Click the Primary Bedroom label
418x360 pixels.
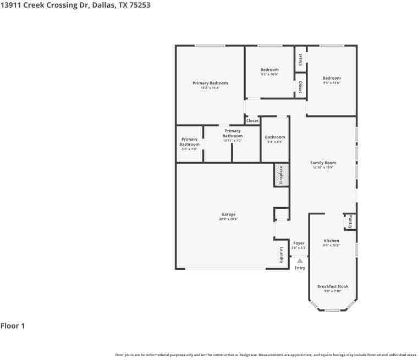click(x=210, y=83)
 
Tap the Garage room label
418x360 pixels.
click(x=228, y=214)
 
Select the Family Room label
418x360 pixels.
click(x=323, y=163)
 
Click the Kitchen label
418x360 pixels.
click(x=331, y=241)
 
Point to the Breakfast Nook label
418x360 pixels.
click(x=332, y=286)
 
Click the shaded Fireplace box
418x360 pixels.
click(x=282, y=175)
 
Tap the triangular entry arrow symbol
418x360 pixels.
click(x=300, y=261)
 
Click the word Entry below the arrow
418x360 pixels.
click(x=300, y=268)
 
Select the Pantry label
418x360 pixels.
click(x=350, y=221)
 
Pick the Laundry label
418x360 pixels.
click(x=282, y=255)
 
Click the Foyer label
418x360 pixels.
click(x=299, y=243)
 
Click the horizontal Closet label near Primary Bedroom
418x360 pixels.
click(x=252, y=120)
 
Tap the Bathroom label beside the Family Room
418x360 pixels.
click(x=274, y=137)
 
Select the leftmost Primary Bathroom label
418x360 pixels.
click(x=189, y=142)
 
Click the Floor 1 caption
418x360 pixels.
click(x=13, y=326)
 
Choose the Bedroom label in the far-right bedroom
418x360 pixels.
click(x=332, y=78)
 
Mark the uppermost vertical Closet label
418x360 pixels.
click(x=300, y=60)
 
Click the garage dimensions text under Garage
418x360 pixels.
click(x=228, y=219)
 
